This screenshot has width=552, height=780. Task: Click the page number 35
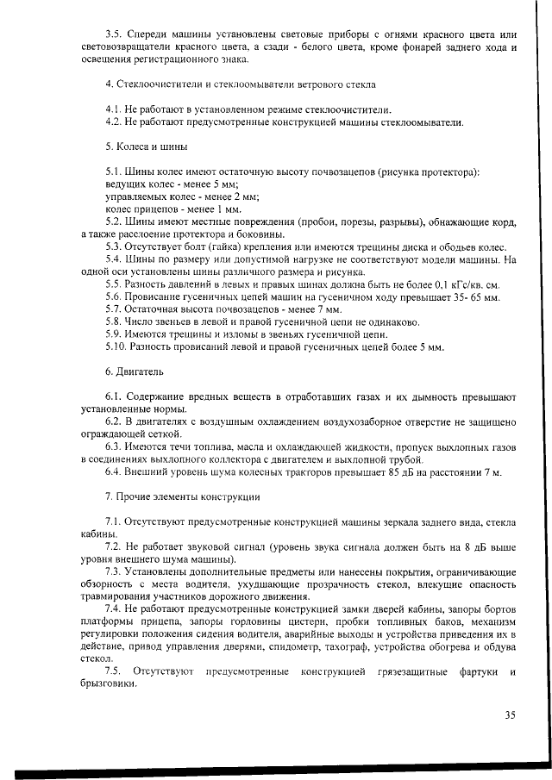[x=509, y=714]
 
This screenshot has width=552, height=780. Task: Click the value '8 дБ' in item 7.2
[x=474, y=547]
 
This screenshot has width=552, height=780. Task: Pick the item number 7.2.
[x=113, y=547]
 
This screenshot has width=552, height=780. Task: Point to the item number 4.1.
[x=113, y=110]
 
